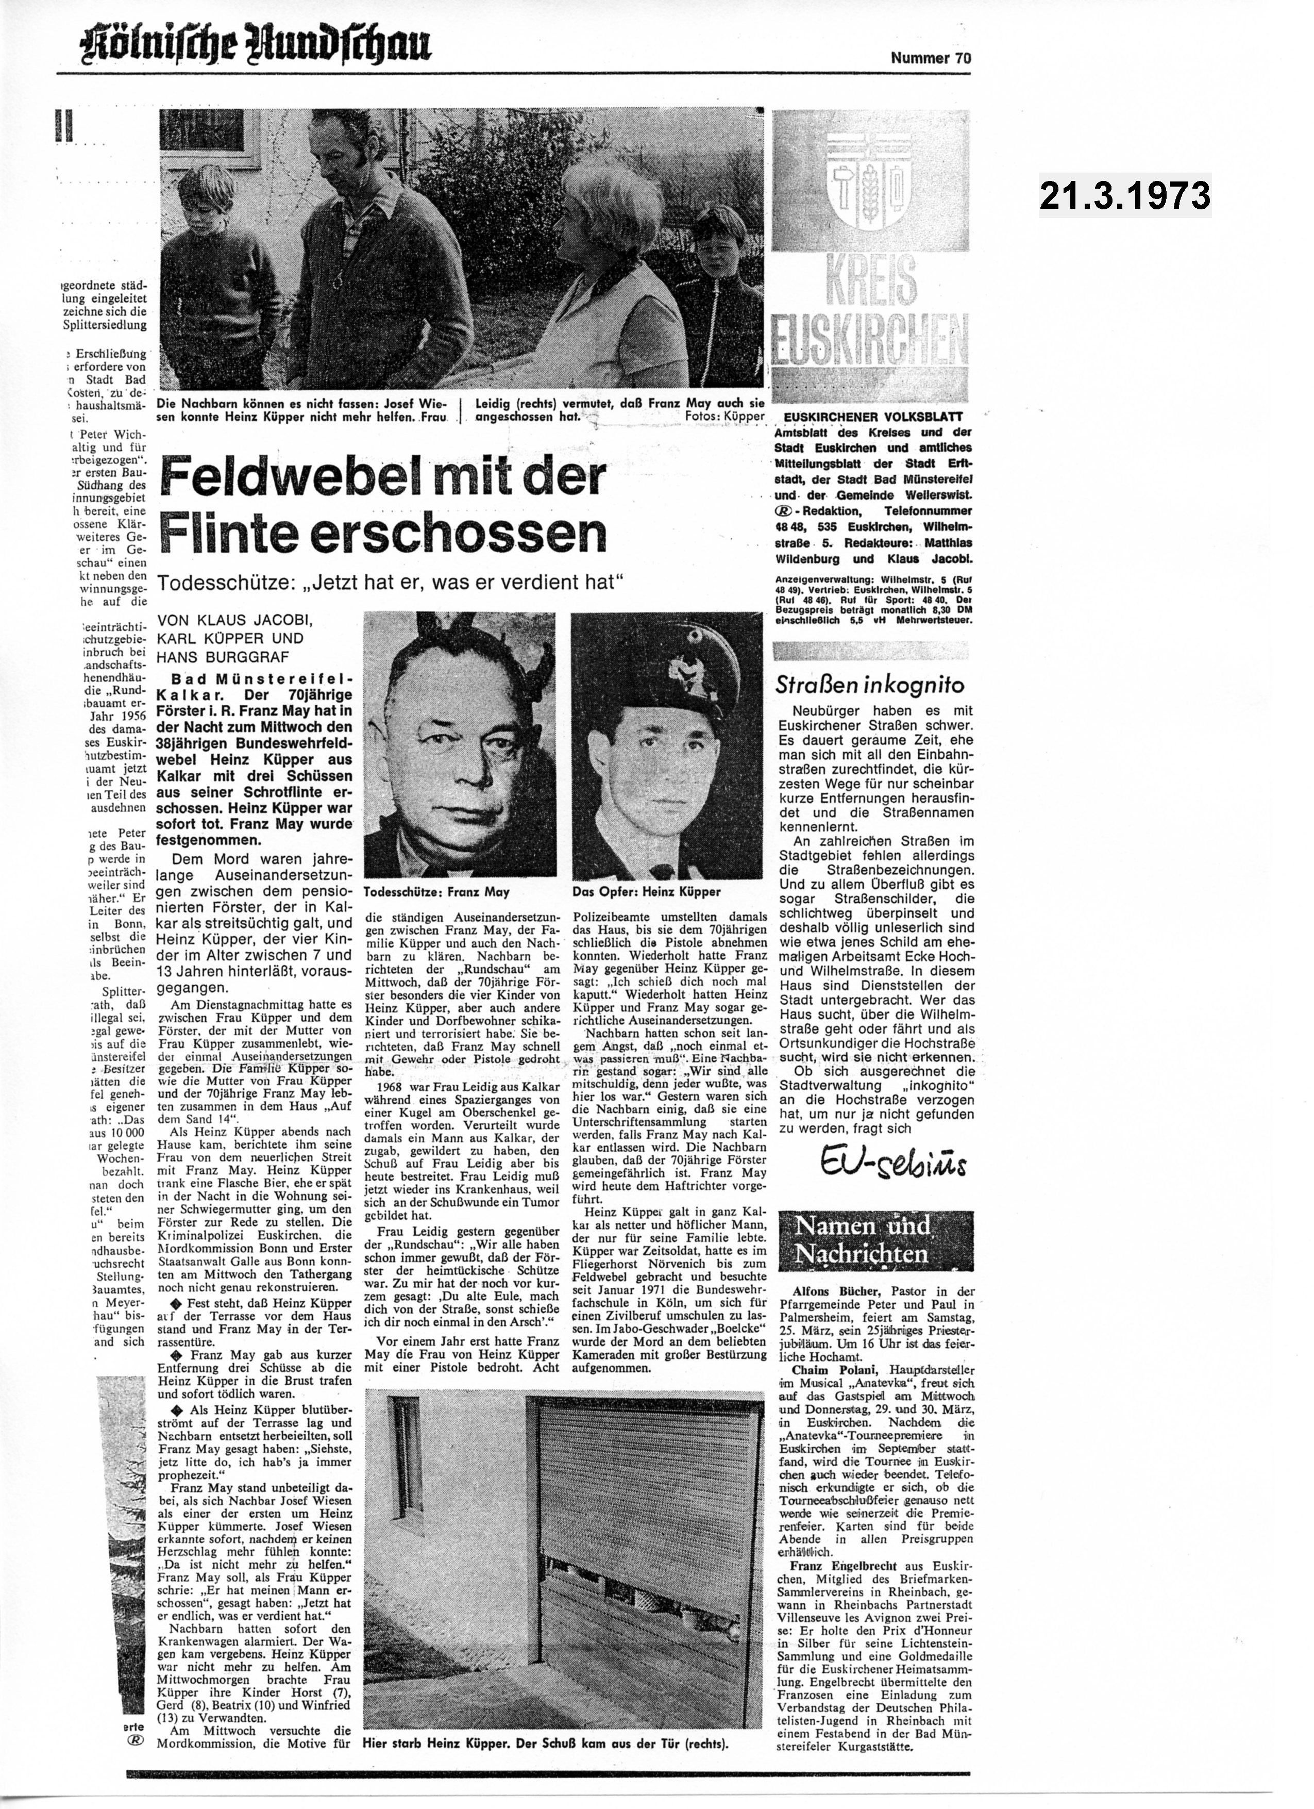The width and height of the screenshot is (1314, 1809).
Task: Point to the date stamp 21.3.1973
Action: pos(1124,195)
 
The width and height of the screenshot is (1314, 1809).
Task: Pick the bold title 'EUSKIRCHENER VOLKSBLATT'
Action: pos(873,417)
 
